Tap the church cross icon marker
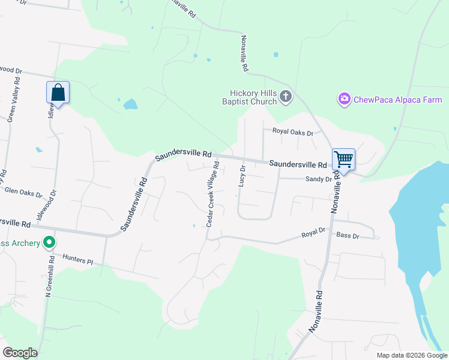tap(286, 97)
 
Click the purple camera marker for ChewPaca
tap(344, 99)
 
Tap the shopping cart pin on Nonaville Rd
tap(343, 160)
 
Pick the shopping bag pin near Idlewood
tap(58, 93)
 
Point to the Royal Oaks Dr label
tap(293, 132)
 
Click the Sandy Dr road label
tap(318, 179)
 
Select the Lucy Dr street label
tap(243, 176)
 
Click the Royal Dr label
tap(313, 231)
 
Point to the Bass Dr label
tap(348, 236)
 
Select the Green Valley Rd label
tap(11, 103)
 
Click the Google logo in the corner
tap(20, 352)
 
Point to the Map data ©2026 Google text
tap(411, 355)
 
